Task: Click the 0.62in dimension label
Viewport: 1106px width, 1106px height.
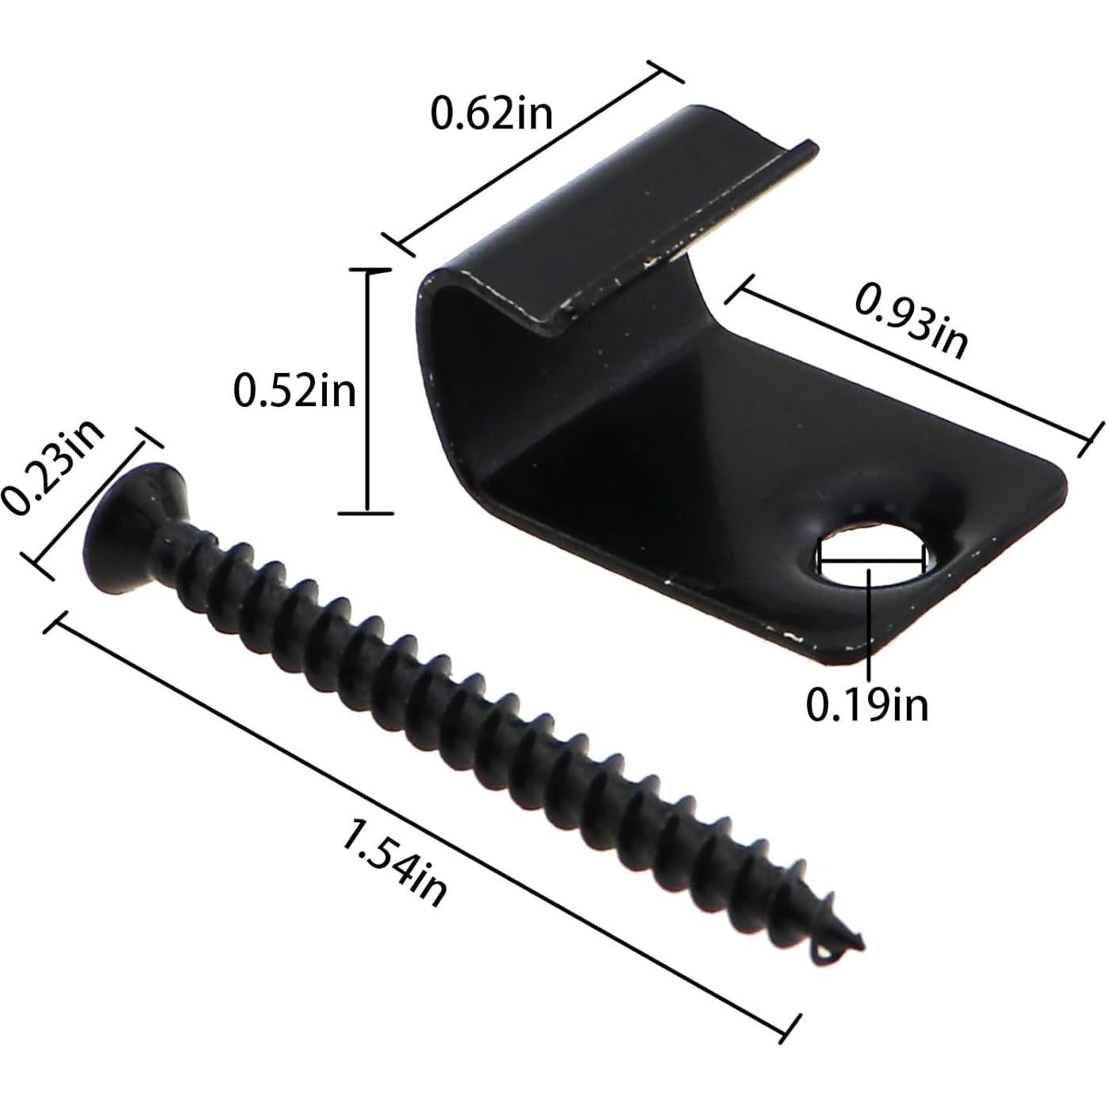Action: pyautogui.click(x=491, y=113)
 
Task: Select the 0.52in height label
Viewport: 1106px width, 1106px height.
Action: pyautogui.click(x=294, y=391)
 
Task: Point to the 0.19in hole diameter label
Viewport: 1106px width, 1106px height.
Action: pyautogui.click(x=867, y=704)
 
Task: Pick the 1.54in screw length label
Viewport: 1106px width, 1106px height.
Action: pyautogui.click(x=394, y=863)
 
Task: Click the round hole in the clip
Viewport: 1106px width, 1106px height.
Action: pyautogui.click(x=871, y=552)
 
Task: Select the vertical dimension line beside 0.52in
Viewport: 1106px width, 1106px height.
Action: pyautogui.click(x=367, y=391)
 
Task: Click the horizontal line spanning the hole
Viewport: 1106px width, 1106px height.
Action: pyautogui.click(x=871, y=559)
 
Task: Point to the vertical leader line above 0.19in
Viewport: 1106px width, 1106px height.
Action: pyautogui.click(x=870, y=627)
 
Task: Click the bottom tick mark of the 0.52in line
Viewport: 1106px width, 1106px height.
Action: pyautogui.click(x=367, y=513)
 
